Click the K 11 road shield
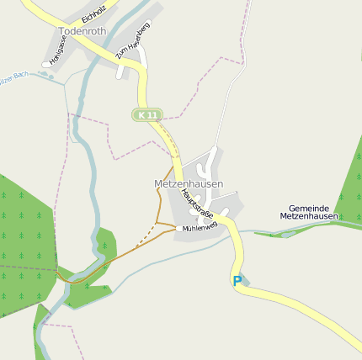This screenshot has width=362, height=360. click(146, 114)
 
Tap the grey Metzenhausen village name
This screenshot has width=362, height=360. click(189, 183)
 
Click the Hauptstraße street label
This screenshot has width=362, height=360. click(197, 206)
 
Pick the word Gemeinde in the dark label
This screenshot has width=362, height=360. click(309, 207)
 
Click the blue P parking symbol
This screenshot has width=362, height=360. click(237, 281)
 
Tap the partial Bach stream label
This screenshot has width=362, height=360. click(17, 75)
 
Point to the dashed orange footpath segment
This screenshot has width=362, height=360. click(146, 236)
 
